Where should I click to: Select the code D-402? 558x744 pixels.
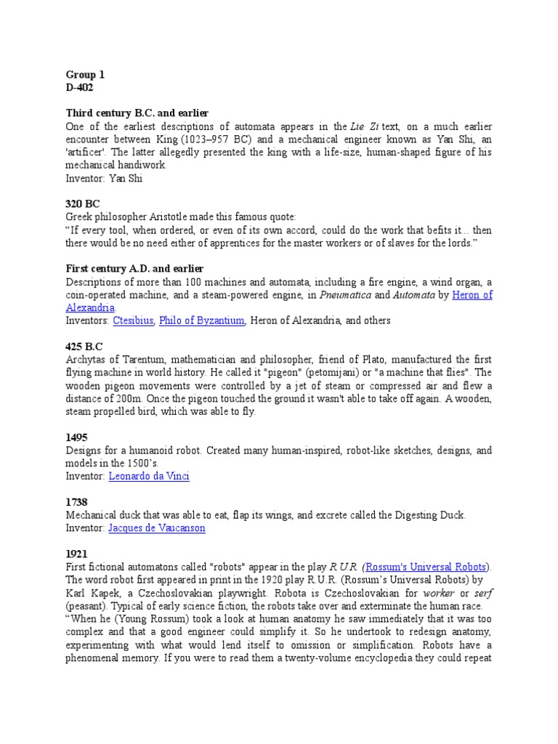point(80,87)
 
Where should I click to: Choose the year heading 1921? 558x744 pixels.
point(76,554)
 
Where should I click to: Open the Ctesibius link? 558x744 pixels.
point(133,320)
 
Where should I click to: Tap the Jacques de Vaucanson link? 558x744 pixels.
point(157,528)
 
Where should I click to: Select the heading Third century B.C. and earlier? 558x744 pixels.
point(137,113)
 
